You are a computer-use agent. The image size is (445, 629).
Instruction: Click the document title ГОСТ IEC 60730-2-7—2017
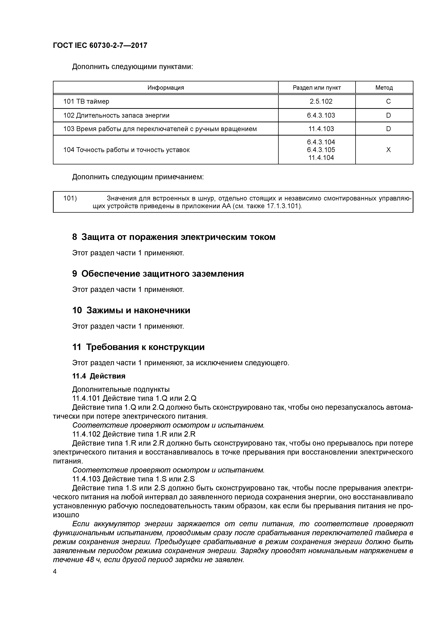(x=100, y=45)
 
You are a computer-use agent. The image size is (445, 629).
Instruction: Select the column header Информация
(x=166, y=88)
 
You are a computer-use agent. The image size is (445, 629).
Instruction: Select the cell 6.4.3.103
(x=321, y=115)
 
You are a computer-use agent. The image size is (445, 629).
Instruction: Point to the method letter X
(x=388, y=150)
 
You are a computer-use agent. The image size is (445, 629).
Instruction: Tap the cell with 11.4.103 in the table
(x=321, y=129)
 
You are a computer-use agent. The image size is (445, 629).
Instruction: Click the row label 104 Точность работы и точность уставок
(x=126, y=150)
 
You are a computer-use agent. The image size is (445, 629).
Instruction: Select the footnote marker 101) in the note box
(x=70, y=198)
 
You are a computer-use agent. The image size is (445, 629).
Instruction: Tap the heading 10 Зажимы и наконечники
(x=131, y=310)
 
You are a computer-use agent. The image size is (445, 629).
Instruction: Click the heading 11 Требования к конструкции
(x=138, y=347)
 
